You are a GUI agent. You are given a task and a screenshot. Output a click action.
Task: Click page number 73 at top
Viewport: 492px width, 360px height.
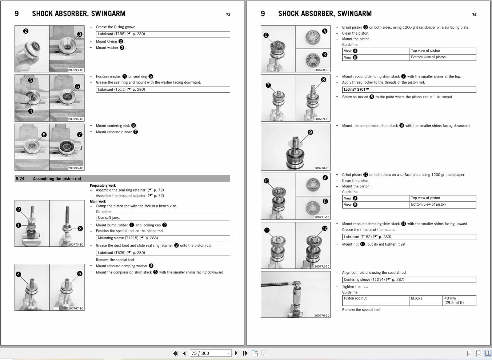(228, 15)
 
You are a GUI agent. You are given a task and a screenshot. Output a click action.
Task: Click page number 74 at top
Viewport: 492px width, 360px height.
(474, 15)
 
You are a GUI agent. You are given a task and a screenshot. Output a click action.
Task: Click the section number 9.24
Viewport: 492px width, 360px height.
(20, 179)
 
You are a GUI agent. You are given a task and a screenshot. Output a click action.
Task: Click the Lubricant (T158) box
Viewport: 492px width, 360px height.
(163, 34)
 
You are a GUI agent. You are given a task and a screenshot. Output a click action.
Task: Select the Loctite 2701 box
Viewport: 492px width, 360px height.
(409, 90)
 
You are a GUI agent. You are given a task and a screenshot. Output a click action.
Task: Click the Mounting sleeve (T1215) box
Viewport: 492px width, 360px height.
(163, 238)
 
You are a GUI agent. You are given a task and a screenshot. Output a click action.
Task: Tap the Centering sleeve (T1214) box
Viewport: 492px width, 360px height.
(409, 280)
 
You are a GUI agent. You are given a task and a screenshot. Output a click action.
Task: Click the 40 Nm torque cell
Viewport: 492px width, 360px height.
(459, 300)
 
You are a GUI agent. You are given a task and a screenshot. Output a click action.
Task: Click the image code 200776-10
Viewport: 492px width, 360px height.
(322, 316)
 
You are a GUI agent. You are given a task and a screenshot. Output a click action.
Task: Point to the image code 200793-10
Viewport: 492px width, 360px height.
(76, 70)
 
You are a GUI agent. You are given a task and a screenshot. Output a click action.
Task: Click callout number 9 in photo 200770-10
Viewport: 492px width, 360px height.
(310, 132)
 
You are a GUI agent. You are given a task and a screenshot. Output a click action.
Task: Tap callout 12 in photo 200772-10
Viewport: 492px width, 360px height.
(325, 229)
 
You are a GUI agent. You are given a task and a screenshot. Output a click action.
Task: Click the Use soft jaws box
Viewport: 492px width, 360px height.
(163, 218)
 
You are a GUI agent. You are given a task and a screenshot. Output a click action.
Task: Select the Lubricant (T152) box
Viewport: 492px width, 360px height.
(409, 237)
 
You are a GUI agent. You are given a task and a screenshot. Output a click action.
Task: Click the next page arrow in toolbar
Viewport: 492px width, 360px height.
(236, 353)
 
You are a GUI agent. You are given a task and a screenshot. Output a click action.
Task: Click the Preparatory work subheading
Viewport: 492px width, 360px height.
(103, 186)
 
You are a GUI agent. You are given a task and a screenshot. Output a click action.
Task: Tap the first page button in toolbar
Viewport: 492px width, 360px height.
(175, 353)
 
